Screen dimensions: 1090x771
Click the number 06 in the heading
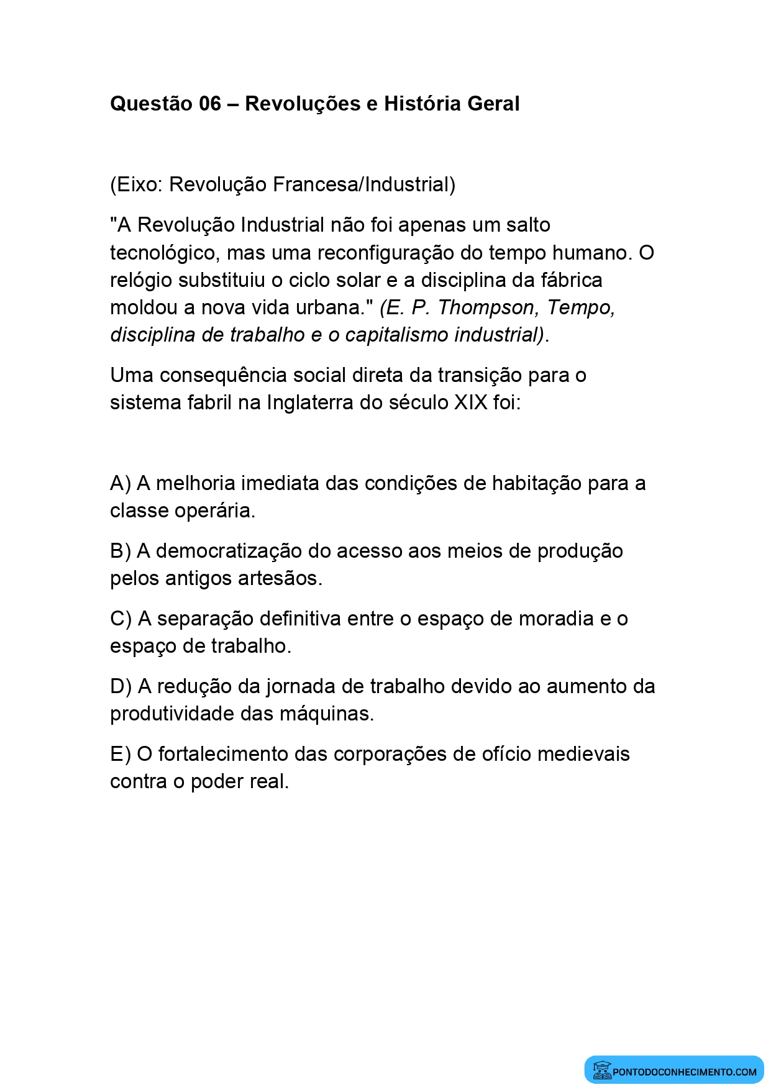210,104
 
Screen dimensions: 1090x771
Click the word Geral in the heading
493,104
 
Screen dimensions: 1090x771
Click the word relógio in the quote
141,281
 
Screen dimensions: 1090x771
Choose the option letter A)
121,483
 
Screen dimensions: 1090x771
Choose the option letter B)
121,551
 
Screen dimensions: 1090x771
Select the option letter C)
121,619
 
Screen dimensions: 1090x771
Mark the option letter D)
121,686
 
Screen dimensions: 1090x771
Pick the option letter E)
121,754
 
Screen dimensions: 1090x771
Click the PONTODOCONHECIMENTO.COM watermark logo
674,1071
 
